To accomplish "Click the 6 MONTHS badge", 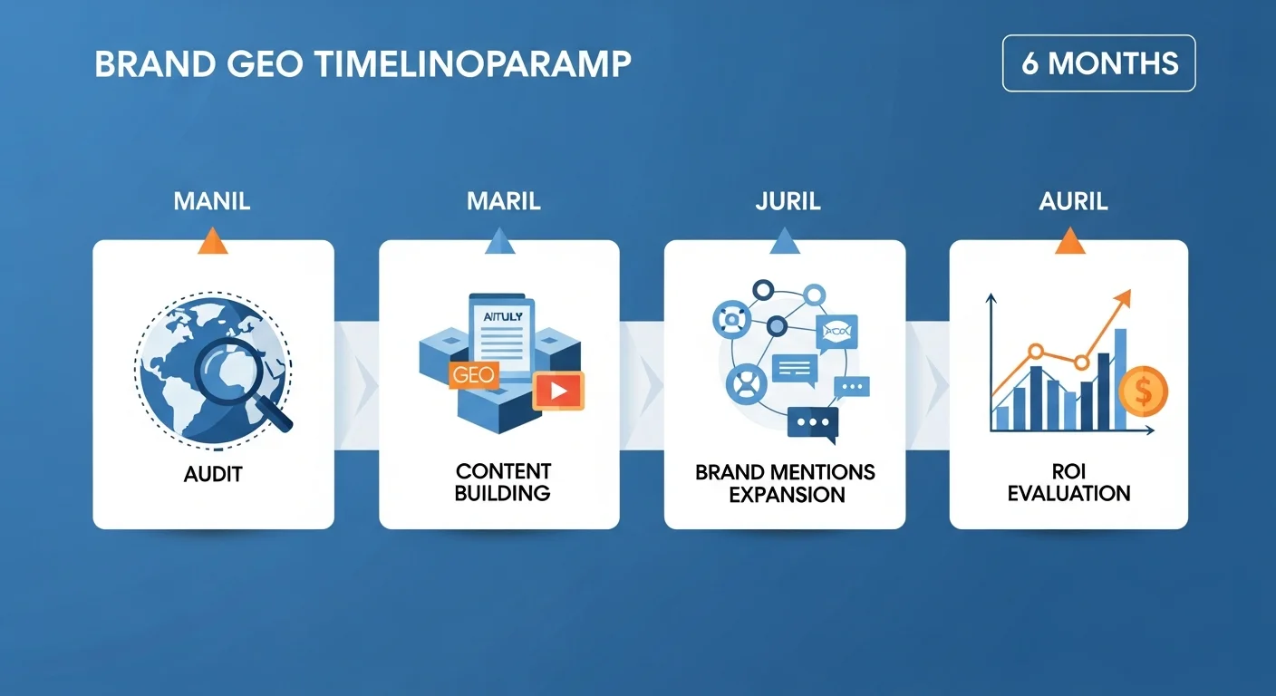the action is (x=1099, y=63).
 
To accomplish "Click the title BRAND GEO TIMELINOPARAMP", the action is (x=362, y=63).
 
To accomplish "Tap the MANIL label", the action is (x=212, y=201).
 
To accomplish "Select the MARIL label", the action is (x=504, y=201).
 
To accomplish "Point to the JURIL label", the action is (x=788, y=201).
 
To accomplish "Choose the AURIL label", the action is (x=1073, y=201).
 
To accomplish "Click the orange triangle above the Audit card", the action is (x=213, y=240).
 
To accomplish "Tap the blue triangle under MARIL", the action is (x=499, y=240).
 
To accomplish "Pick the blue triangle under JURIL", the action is (x=785, y=240).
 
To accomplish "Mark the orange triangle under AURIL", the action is (x=1069, y=240).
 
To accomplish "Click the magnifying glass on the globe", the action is (x=239, y=380).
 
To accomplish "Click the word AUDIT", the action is (x=213, y=475).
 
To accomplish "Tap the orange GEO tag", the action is (x=474, y=375).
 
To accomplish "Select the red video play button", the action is (x=558, y=391).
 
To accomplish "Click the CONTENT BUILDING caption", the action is (x=503, y=482).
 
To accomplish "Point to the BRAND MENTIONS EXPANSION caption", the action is (x=786, y=483).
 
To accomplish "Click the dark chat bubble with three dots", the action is (x=813, y=424).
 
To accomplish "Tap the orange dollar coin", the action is (x=1144, y=391).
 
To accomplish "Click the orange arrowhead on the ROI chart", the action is (x=1124, y=298).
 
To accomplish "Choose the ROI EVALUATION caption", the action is (x=1068, y=482).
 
